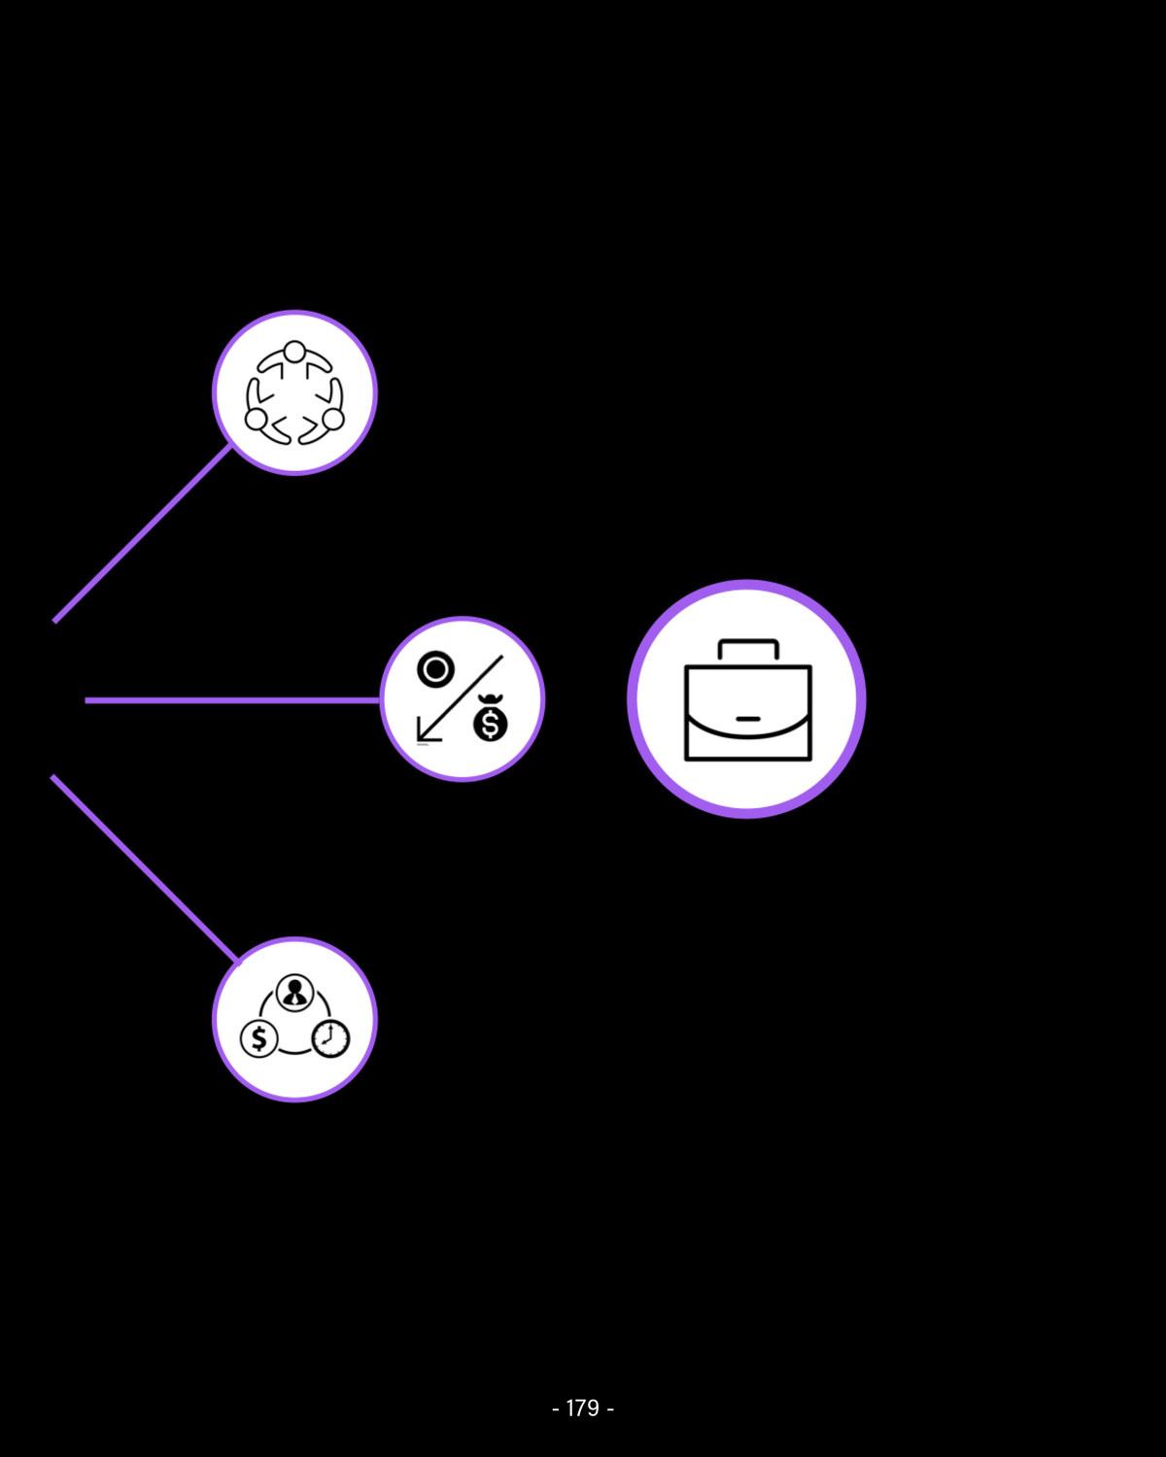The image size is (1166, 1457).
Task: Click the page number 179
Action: click(x=582, y=1407)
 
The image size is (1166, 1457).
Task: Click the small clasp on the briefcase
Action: click(x=748, y=719)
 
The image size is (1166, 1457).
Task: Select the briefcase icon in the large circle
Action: click(x=747, y=699)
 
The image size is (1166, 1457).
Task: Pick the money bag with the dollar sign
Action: click(x=491, y=722)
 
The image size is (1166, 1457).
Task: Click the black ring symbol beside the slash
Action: click(x=435, y=670)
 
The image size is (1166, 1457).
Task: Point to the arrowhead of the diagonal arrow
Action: click(x=422, y=735)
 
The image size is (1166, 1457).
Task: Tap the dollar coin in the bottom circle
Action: click(x=258, y=1039)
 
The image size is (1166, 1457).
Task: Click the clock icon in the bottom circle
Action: click(x=330, y=1038)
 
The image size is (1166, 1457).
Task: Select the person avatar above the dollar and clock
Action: click(x=293, y=993)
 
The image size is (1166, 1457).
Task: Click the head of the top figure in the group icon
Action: click(x=294, y=351)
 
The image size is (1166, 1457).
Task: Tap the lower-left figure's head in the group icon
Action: click(x=256, y=419)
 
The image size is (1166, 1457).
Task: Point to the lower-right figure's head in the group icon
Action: click(x=332, y=419)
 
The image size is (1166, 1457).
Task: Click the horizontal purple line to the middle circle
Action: click(x=233, y=699)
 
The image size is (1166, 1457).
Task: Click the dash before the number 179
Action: click(x=555, y=1408)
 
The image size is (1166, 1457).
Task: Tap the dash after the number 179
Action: click(x=610, y=1408)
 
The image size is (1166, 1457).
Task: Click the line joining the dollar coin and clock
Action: click(x=294, y=1052)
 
